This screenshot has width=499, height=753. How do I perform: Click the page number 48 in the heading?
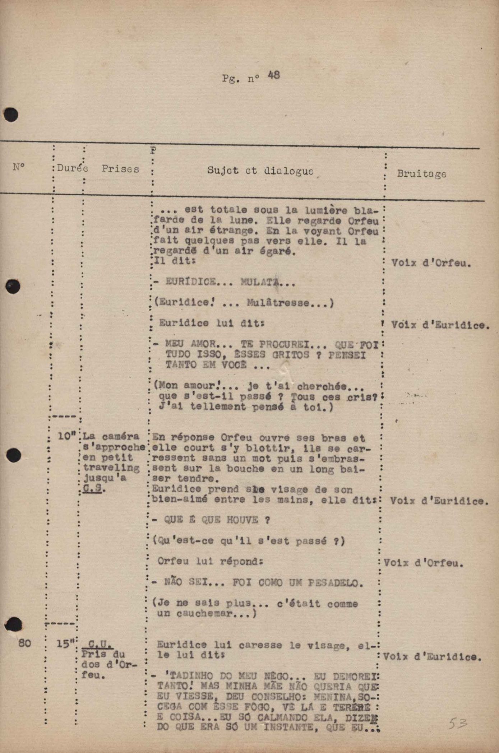pos(274,75)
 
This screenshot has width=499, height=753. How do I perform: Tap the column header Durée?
pos(73,168)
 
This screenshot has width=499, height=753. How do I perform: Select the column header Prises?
pos(120,169)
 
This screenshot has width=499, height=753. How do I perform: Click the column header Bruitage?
pos(421,174)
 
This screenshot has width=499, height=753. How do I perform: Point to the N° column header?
pos(19,167)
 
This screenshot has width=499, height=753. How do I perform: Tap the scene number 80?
pos(24,643)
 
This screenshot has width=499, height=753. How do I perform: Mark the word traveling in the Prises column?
pos(111,468)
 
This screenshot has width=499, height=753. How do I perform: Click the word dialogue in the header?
pos(288,171)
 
